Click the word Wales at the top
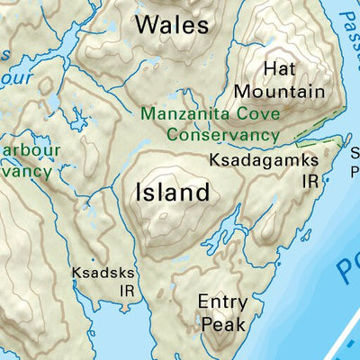[172, 24]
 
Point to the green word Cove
[259, 115]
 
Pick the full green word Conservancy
[222, 134]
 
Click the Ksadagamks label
[264, 159]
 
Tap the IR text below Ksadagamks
[311, 180]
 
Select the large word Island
[173, 192]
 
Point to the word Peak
[221, 323]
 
